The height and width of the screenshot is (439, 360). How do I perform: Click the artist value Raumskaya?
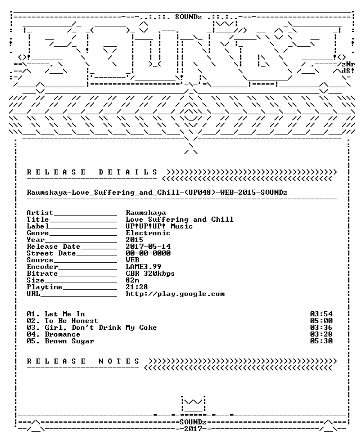pos(146,213)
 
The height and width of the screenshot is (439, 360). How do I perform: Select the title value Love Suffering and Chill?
pos(179,219)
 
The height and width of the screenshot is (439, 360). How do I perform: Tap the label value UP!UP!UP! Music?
pos(159,226)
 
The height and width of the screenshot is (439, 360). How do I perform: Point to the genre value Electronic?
pos(148,233)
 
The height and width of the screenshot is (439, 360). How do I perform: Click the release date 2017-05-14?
pos(148,247)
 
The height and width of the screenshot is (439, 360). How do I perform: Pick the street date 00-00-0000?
pos(148,253)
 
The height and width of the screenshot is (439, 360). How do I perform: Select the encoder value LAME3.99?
pos(143,267)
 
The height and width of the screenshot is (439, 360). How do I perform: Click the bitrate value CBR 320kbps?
pos(150,274)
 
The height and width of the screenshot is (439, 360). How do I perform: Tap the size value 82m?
pos(132,280)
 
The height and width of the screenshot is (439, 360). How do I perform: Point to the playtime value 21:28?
pos(137,287)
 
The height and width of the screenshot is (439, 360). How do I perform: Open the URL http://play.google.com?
pos(175,294)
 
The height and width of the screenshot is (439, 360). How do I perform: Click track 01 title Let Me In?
pos(65,314)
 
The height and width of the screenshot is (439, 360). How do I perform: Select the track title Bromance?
pos(62,334)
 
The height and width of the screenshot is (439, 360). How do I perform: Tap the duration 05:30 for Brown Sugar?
pos(321,341)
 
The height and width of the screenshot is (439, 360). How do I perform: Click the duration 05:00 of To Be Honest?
pos(321,321)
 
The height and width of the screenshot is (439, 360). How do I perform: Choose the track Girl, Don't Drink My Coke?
pos(101,328)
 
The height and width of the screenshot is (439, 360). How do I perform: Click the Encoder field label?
pos(43,267)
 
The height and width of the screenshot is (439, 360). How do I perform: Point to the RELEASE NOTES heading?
pos(83,361)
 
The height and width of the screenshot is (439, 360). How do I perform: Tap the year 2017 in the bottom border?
pos(193,429)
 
